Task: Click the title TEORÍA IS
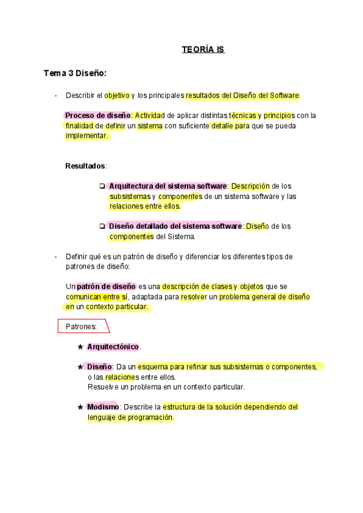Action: pos(203,50)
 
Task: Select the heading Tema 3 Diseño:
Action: pos(75,73)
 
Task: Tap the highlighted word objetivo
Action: pos(117,96)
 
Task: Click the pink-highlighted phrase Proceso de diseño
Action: pos(97,116)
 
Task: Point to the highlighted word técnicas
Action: pos(242,116)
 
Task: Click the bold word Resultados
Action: pos(85,166)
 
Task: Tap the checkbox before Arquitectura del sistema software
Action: pos(102,186)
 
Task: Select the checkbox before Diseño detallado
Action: pos(102,226)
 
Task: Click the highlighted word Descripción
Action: pos(250,186)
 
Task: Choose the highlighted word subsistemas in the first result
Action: pos(129,197)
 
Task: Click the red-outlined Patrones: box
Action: pos(83,327)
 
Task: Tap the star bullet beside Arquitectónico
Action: pos(80,347)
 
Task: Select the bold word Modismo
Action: pos(102,407)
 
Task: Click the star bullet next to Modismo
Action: pos(80,407)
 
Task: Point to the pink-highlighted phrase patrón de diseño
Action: pos(106,286)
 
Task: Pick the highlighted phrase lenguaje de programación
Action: pos(130,417)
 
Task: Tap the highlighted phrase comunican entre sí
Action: pos(96,296)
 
